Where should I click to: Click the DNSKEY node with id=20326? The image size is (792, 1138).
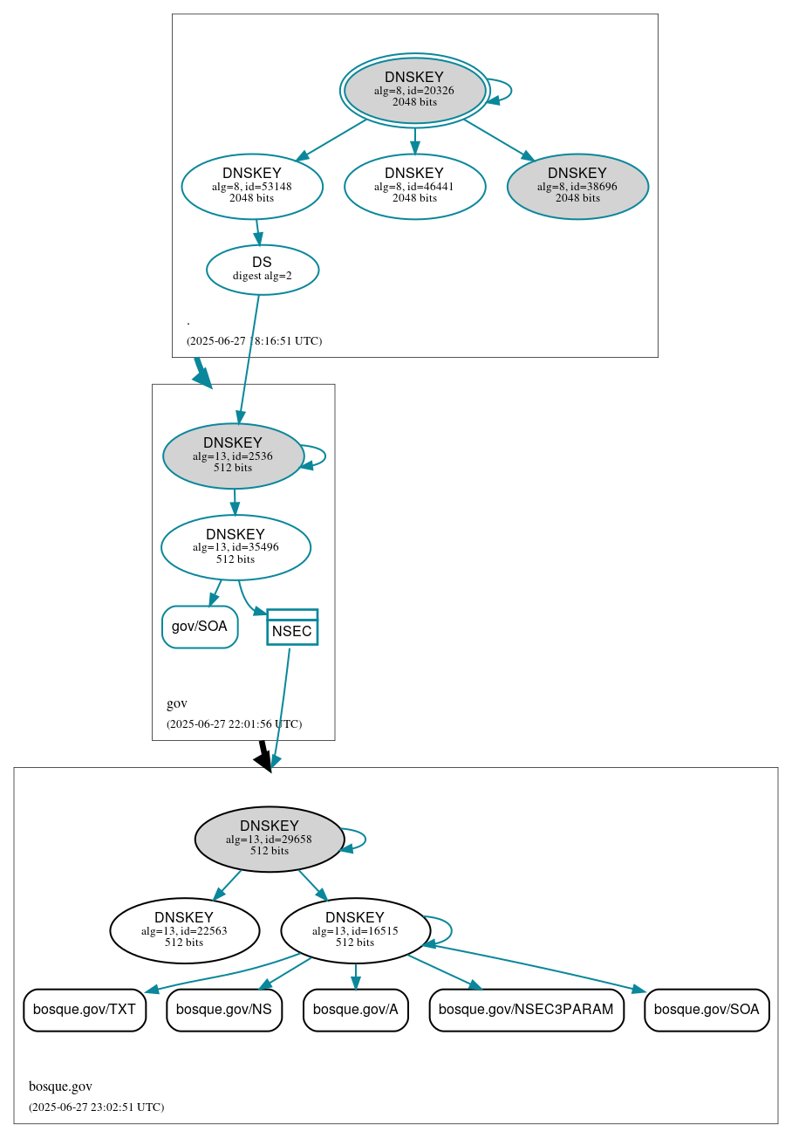click(x=414, y=91)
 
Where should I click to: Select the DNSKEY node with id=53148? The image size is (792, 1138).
click(x=252, y=186)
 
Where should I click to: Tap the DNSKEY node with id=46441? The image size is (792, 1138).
click(x=414, y=186)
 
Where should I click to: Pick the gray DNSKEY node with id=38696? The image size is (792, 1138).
click(x=577, y=186)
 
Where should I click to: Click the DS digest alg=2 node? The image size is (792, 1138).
click(x=262, y=270)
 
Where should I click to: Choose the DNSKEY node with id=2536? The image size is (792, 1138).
click(x=233, y=456)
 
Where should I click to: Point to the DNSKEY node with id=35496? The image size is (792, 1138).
click(x=236, y=547)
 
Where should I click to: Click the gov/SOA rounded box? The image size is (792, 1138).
click(x=200, y=627)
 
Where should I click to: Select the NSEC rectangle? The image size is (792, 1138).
click(x=292, y=627)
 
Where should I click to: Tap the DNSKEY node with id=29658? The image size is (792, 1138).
click(x=270, y=839)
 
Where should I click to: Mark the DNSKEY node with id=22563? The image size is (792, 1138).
click(x=184, y=930)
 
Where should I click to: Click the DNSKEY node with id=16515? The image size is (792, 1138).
click(x=355, y=930)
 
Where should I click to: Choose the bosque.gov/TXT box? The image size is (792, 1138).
click(x=85, y=1010)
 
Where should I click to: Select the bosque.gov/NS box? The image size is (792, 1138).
click(x=224, y=1010)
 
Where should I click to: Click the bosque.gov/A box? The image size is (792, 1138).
click(x=355, y=1010)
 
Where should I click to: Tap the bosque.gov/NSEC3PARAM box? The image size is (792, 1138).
click(x=526, y=1010)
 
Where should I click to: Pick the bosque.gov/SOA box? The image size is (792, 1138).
click(x=707, y=1010)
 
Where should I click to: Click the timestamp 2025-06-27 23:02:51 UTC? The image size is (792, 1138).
click(x=96, y=1107)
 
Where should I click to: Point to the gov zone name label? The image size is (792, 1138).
click(x=177, y=703)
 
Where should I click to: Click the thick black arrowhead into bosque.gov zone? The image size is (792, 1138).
click(x=263, y=761)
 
